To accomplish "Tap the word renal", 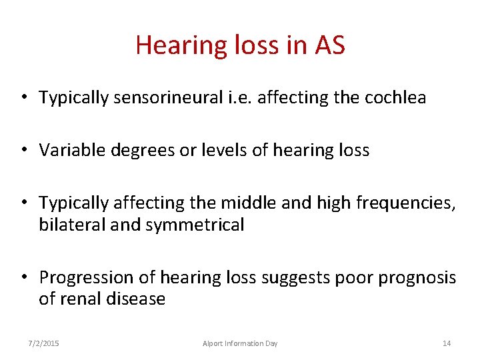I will pyautogui.click(x=81, y=299).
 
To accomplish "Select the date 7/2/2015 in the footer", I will pyautogui.click(x=43, y=343).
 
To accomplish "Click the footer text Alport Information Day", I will pyautogui.click(x=240, y=343).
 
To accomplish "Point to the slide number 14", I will pyautogui.click(x=447, y=343).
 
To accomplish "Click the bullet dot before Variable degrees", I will pyautogui.click(x=23, y=151).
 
